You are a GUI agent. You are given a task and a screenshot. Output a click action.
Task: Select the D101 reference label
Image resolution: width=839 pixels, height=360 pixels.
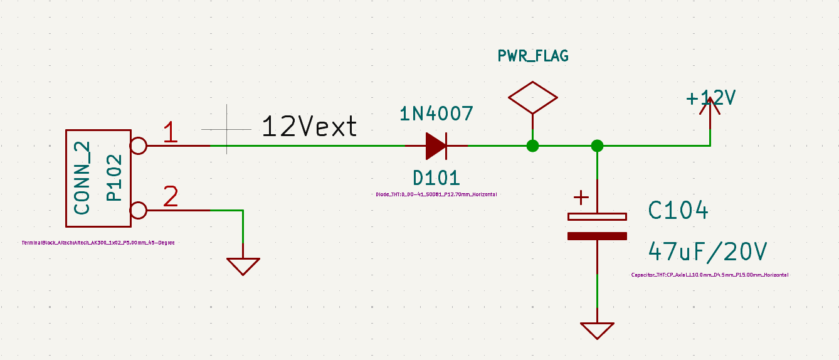(436, 178)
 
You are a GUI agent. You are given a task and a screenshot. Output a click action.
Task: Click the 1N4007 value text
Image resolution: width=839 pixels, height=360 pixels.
(436, 114)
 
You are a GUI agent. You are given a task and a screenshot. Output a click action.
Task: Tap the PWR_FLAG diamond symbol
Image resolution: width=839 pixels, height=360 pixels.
(532, 97)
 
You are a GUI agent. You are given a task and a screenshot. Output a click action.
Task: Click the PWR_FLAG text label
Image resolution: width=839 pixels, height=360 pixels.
(533, 56)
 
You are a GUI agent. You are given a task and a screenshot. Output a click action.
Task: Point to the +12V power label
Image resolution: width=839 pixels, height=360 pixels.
(710, 98)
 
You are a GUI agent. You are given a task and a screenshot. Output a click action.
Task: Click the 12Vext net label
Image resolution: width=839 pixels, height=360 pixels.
(309, 127)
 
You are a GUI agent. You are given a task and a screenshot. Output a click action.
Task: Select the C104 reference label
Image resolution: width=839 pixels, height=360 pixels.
(678, 211)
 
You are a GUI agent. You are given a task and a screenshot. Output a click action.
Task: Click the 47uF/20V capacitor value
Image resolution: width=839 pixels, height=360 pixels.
(707, 252)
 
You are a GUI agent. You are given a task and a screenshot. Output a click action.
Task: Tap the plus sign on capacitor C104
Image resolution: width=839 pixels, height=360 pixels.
(582, 198)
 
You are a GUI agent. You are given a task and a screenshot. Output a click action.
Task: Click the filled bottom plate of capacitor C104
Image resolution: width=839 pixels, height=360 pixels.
(597, 236)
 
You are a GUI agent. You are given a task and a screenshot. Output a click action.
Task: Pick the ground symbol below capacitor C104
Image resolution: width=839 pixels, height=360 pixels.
(597, 330)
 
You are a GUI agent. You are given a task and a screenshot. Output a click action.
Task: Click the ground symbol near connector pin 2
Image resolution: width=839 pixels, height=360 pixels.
(243, 267)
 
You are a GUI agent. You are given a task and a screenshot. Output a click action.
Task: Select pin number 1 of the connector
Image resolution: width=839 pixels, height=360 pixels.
(171, 133)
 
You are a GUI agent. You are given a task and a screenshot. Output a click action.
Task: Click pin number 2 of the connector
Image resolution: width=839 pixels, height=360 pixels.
(171, 197)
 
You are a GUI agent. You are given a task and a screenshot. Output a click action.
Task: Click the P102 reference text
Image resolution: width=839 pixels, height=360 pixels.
(113, 178)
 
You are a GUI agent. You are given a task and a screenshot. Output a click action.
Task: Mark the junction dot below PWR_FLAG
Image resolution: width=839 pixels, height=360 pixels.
(532, 146)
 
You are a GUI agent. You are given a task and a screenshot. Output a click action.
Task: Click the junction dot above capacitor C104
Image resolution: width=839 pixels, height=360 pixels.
(597, 146)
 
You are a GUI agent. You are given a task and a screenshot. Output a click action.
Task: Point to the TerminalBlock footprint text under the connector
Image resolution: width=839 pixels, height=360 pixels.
(97, 242)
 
